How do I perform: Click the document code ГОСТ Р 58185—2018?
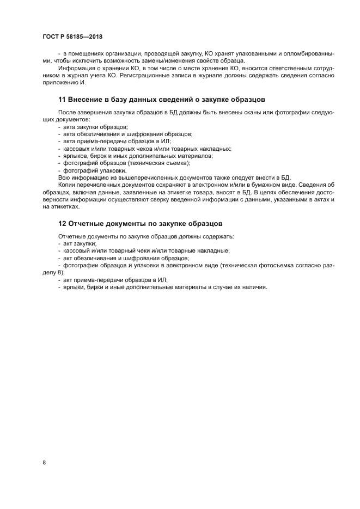[72, 36]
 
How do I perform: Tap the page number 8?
[44, 462]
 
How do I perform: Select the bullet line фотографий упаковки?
[87, 170]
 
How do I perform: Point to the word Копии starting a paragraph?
[66, 185]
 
